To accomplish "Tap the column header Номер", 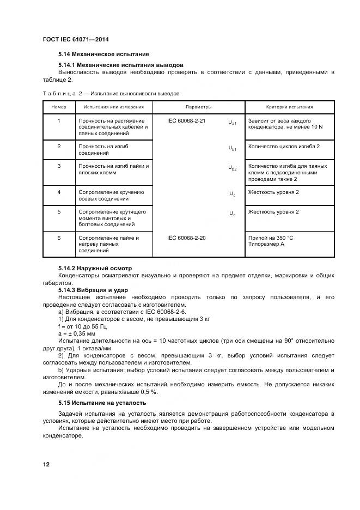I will [59, 107].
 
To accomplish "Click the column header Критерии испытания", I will [289, 107].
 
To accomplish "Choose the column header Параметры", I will [198, 107].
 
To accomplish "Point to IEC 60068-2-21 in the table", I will [187, 120].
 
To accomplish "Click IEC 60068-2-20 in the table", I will [187, 238].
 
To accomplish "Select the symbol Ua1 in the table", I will [232, 123].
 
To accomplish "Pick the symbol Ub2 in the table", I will [232, 169].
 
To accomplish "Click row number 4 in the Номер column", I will [59, 192].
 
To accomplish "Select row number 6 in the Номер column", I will [59, 238].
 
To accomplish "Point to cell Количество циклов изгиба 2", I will [284, 147].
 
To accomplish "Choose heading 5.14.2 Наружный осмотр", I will [95, 268].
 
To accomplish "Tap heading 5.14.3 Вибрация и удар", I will [93, 290].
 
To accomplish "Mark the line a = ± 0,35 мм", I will [77, 333].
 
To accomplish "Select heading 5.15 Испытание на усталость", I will [102, 403].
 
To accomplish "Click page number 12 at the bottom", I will [46, 464].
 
